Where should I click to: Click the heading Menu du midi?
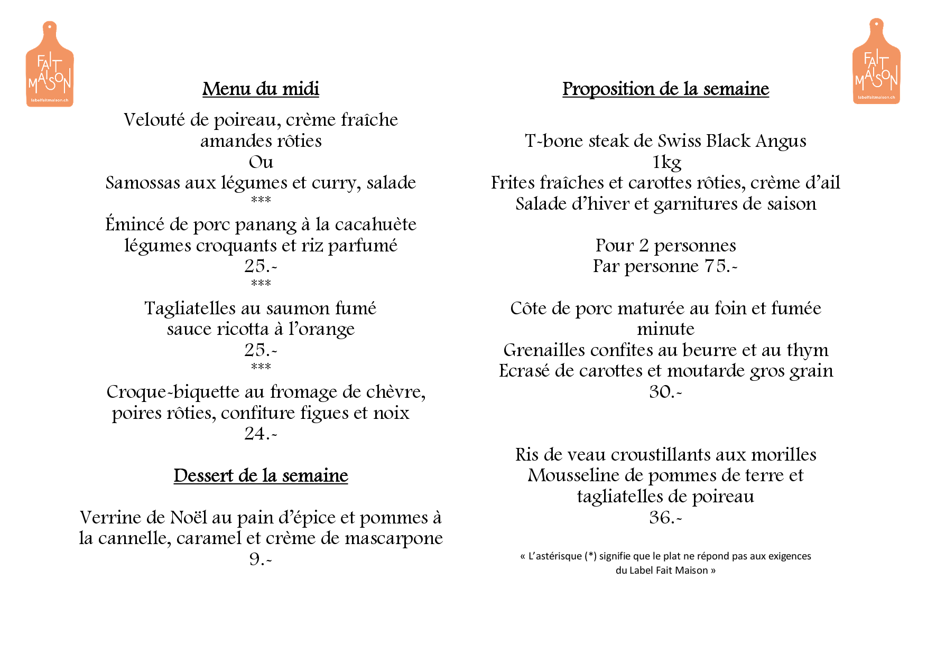coord(261,89)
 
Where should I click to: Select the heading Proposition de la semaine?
coord(665,89)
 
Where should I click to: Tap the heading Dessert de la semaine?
coord(261,475)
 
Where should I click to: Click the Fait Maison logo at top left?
coord(50,65)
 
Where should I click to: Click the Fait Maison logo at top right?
coord(876,62)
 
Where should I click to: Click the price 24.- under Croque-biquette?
coord(261,434)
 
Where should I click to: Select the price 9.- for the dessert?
coord(261,559)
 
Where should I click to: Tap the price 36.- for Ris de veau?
coord(665,517)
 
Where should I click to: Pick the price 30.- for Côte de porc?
coord(665,392)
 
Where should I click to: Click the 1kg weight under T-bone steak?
coord(666,162)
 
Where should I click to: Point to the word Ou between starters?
coord(261,162)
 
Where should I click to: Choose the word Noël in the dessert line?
coord(189,517)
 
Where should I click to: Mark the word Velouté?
coord(154,120)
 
